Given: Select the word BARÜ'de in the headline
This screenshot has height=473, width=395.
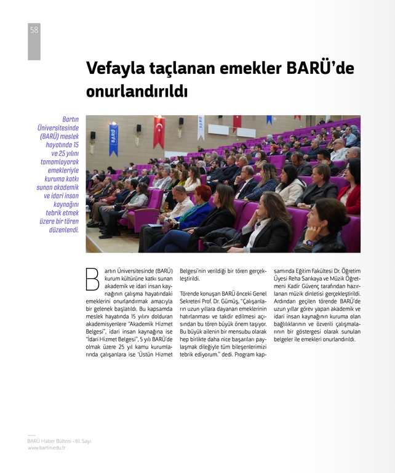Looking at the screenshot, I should coord(320,68).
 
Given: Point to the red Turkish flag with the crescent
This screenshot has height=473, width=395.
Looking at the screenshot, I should coord(159,132).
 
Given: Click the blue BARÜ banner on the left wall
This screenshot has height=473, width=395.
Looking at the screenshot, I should coord(113,140).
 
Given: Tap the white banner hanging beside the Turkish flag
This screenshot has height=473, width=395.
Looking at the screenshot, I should coord(201,127).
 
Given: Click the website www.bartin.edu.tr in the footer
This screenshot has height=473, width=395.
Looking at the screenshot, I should coord(46,448).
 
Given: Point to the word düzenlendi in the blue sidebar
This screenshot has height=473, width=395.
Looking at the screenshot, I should coord(65,229).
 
